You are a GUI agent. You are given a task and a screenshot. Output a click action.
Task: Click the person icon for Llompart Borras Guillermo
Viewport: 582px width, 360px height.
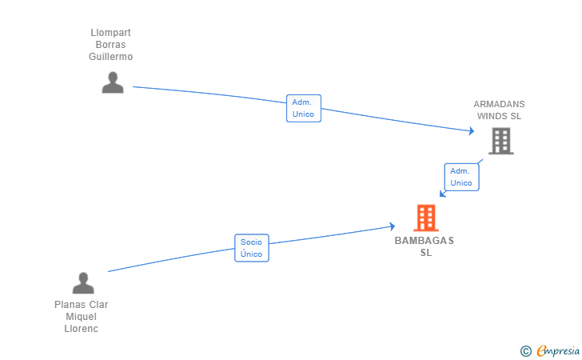click(113, 82)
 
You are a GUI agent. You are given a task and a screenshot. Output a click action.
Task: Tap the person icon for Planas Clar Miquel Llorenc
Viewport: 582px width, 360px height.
click(83, 282)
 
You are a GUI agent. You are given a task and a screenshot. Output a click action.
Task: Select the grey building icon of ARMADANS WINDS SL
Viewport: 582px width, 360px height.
click(501, 141)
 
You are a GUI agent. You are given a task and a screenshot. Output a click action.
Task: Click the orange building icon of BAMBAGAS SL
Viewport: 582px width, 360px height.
click(426, 218)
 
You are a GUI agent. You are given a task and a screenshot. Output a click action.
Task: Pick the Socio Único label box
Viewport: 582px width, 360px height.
click(252, 248)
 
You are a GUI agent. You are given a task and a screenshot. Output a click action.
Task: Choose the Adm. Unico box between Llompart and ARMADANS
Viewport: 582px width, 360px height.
click(304, 108)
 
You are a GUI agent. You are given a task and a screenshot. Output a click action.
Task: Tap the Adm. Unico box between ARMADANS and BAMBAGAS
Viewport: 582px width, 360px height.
click(462, 177)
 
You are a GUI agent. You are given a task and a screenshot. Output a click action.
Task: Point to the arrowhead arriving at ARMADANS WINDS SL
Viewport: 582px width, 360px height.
click(472, 130)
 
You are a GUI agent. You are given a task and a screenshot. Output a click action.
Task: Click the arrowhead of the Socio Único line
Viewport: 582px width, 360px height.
click(393, 226)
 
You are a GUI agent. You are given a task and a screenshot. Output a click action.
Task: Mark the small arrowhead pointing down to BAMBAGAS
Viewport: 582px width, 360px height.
click(442, 194)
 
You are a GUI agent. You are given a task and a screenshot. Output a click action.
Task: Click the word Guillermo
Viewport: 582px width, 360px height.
click(110, 57)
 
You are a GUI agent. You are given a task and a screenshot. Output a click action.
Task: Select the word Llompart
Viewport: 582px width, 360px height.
click(110, 33)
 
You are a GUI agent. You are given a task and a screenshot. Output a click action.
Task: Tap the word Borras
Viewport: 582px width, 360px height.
click(110, 45)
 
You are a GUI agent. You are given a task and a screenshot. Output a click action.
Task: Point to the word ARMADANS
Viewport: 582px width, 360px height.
click(499, 104)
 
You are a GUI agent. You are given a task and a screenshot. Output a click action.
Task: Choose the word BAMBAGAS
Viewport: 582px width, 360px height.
click(425, 241)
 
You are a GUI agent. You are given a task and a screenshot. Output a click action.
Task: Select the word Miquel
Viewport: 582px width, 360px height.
click(82, 317)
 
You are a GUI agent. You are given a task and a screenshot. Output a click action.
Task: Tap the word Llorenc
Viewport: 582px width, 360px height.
click(82, 329)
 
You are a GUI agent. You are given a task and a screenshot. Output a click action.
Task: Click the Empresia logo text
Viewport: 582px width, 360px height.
click(558, 350)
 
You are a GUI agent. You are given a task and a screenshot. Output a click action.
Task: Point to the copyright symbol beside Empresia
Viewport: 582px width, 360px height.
click(526, 351)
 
